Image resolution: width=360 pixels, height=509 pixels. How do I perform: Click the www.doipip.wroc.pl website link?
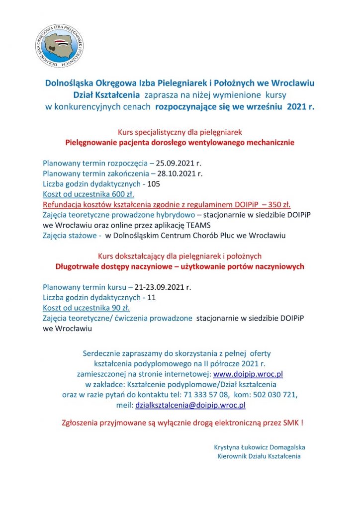(x=248, y=374)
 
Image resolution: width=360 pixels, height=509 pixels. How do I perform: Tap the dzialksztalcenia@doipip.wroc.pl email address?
(x=190, y=405)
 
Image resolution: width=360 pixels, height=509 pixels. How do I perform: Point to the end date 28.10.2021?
(x=180, y=173)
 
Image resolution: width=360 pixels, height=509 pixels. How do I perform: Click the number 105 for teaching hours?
(x=154, y=184)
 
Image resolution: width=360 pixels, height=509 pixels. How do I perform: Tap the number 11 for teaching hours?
(x=152, y=298)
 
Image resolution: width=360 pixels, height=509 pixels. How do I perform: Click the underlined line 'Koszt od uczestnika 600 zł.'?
(x=88, y=194)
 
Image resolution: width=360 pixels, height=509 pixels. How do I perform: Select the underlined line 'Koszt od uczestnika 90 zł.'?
(x=86, y=308)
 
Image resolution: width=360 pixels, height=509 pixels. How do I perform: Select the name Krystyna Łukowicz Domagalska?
(x=259, y=447)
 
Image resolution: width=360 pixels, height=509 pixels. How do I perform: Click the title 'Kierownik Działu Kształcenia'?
(x=259, y=456)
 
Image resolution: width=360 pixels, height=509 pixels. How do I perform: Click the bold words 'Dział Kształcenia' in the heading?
(x=101, y=94)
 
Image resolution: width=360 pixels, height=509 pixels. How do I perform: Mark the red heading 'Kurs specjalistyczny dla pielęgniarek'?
(x=180, y=132)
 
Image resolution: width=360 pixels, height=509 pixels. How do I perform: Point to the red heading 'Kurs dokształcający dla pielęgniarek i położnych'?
(x=180, y=256)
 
